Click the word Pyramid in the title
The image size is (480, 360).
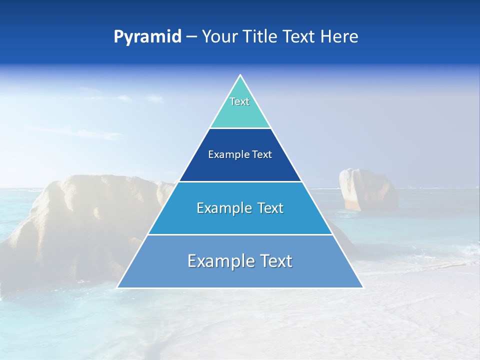[147, 37]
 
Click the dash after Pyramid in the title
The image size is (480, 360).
[191, 37]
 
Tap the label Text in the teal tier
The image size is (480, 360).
[239, 101]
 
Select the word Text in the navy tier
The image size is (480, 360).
[262, 154]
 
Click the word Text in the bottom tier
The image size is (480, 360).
[276, 261]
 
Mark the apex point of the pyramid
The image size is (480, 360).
[240, 75]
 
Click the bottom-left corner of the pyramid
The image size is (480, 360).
[117, 287]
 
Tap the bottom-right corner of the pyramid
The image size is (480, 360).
[362, 287]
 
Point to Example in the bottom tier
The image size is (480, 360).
[219, 261]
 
